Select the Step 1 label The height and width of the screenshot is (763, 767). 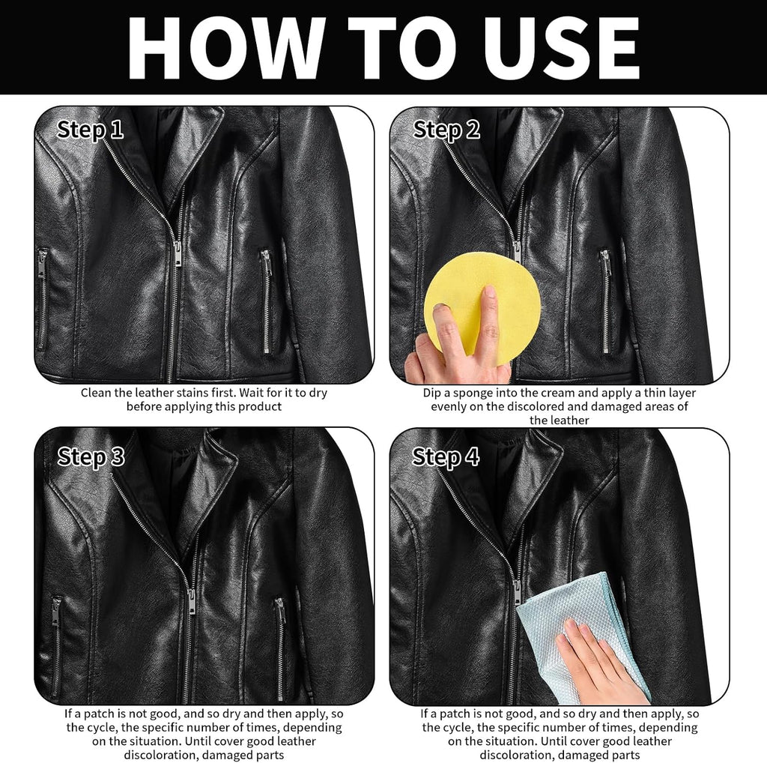click(90, 130)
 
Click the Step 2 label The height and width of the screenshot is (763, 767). click(446, 130)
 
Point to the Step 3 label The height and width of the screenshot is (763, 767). click(91, 456)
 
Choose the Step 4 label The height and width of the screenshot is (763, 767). click(446, 456)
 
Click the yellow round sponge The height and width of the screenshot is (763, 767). click(482, 304)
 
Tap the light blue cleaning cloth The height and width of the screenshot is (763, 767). click(582, 631)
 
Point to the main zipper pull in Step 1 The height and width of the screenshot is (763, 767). click(177, 253)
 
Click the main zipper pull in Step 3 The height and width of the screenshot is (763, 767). click(191, 602)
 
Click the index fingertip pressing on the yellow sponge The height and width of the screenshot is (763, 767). click(488, 292)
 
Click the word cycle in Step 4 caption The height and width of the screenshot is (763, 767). click(456, 727)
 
